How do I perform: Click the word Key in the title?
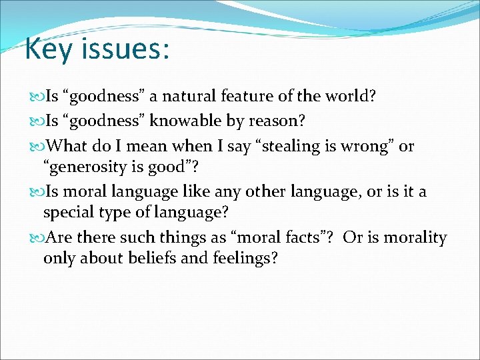coord(45,49)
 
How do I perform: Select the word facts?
coord(303,237)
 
